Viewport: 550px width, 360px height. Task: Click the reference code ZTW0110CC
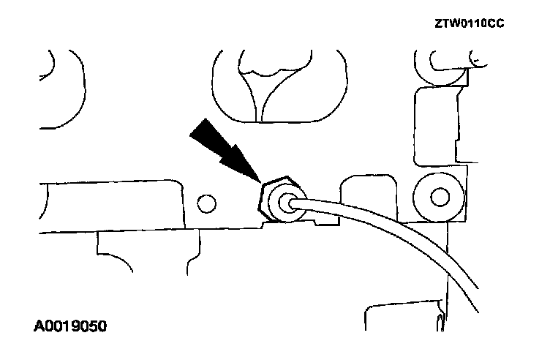pos(469,23)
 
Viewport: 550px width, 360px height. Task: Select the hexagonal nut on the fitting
pos(276,198)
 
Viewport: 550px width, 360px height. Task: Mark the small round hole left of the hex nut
pos(206,201)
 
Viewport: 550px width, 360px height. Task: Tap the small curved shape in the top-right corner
pos(478,55)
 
